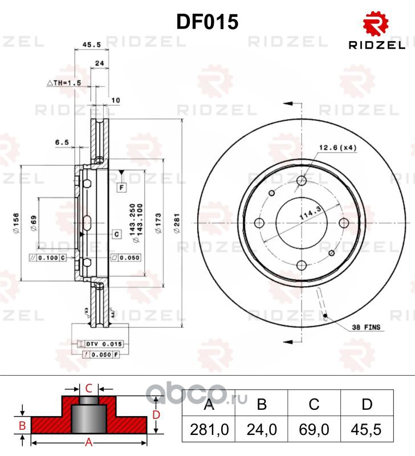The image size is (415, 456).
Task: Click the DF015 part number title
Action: click(207, 22)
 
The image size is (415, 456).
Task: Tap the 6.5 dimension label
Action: click(62, 142)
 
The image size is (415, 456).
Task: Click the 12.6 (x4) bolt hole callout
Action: click(339, 148)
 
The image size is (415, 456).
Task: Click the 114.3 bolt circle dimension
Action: click(307, 217)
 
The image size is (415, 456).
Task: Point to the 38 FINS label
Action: click(366, 328)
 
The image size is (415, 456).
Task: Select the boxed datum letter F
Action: click(122, 187)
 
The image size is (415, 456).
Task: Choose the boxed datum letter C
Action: click(116, 234)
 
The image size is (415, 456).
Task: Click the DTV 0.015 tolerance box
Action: click(101, 344)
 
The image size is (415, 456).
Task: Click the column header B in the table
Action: click(262, 405)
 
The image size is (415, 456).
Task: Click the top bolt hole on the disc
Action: click(302, 181)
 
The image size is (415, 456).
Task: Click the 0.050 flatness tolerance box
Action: click(127, 258)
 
